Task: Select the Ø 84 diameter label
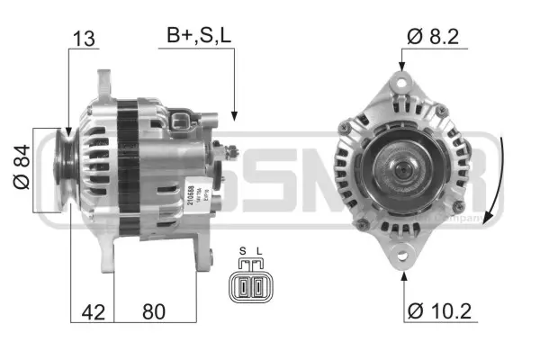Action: (23, 167)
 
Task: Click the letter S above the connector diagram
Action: (242, 251)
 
